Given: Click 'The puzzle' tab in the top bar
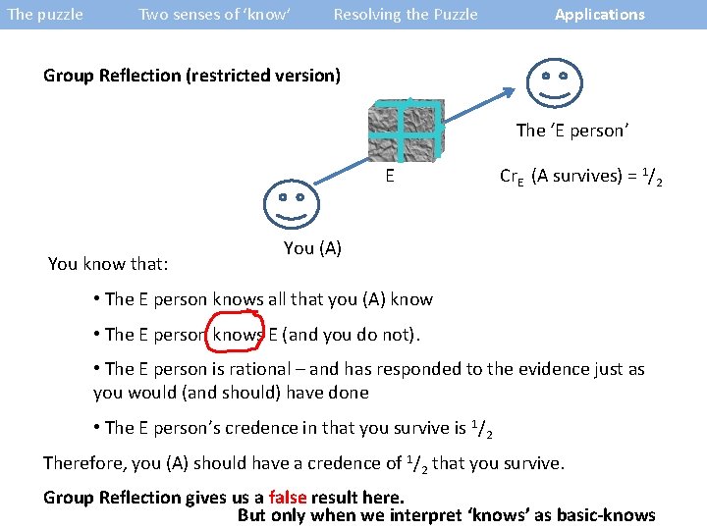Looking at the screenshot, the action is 45,15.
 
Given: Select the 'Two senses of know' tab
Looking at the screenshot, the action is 214,15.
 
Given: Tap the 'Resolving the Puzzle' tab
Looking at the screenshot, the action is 406,15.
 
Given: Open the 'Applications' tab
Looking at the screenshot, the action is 599,15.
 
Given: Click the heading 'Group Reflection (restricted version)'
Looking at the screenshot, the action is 191,76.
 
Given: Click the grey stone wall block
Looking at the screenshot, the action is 406,131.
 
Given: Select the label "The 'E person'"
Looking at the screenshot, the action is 571,131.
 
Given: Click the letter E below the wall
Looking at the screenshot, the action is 390,177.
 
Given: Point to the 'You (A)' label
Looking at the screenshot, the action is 312,248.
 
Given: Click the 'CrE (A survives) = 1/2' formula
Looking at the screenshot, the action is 580,178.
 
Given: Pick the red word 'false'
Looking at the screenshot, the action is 287,498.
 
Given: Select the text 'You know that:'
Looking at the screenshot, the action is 108,263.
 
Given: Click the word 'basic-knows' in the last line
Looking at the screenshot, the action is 604,516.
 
